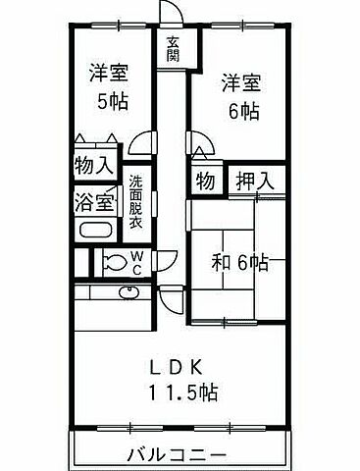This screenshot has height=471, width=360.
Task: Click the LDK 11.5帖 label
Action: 183,379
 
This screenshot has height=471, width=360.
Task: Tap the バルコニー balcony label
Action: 178,454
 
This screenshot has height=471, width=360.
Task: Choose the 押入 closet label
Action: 251,181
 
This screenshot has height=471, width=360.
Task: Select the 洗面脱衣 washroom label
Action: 136,201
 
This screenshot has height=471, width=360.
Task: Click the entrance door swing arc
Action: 172,13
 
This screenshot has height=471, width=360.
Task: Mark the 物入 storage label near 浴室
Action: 93,165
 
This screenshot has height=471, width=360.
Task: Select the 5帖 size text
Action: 108,100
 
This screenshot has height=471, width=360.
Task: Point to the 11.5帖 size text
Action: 183,393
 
